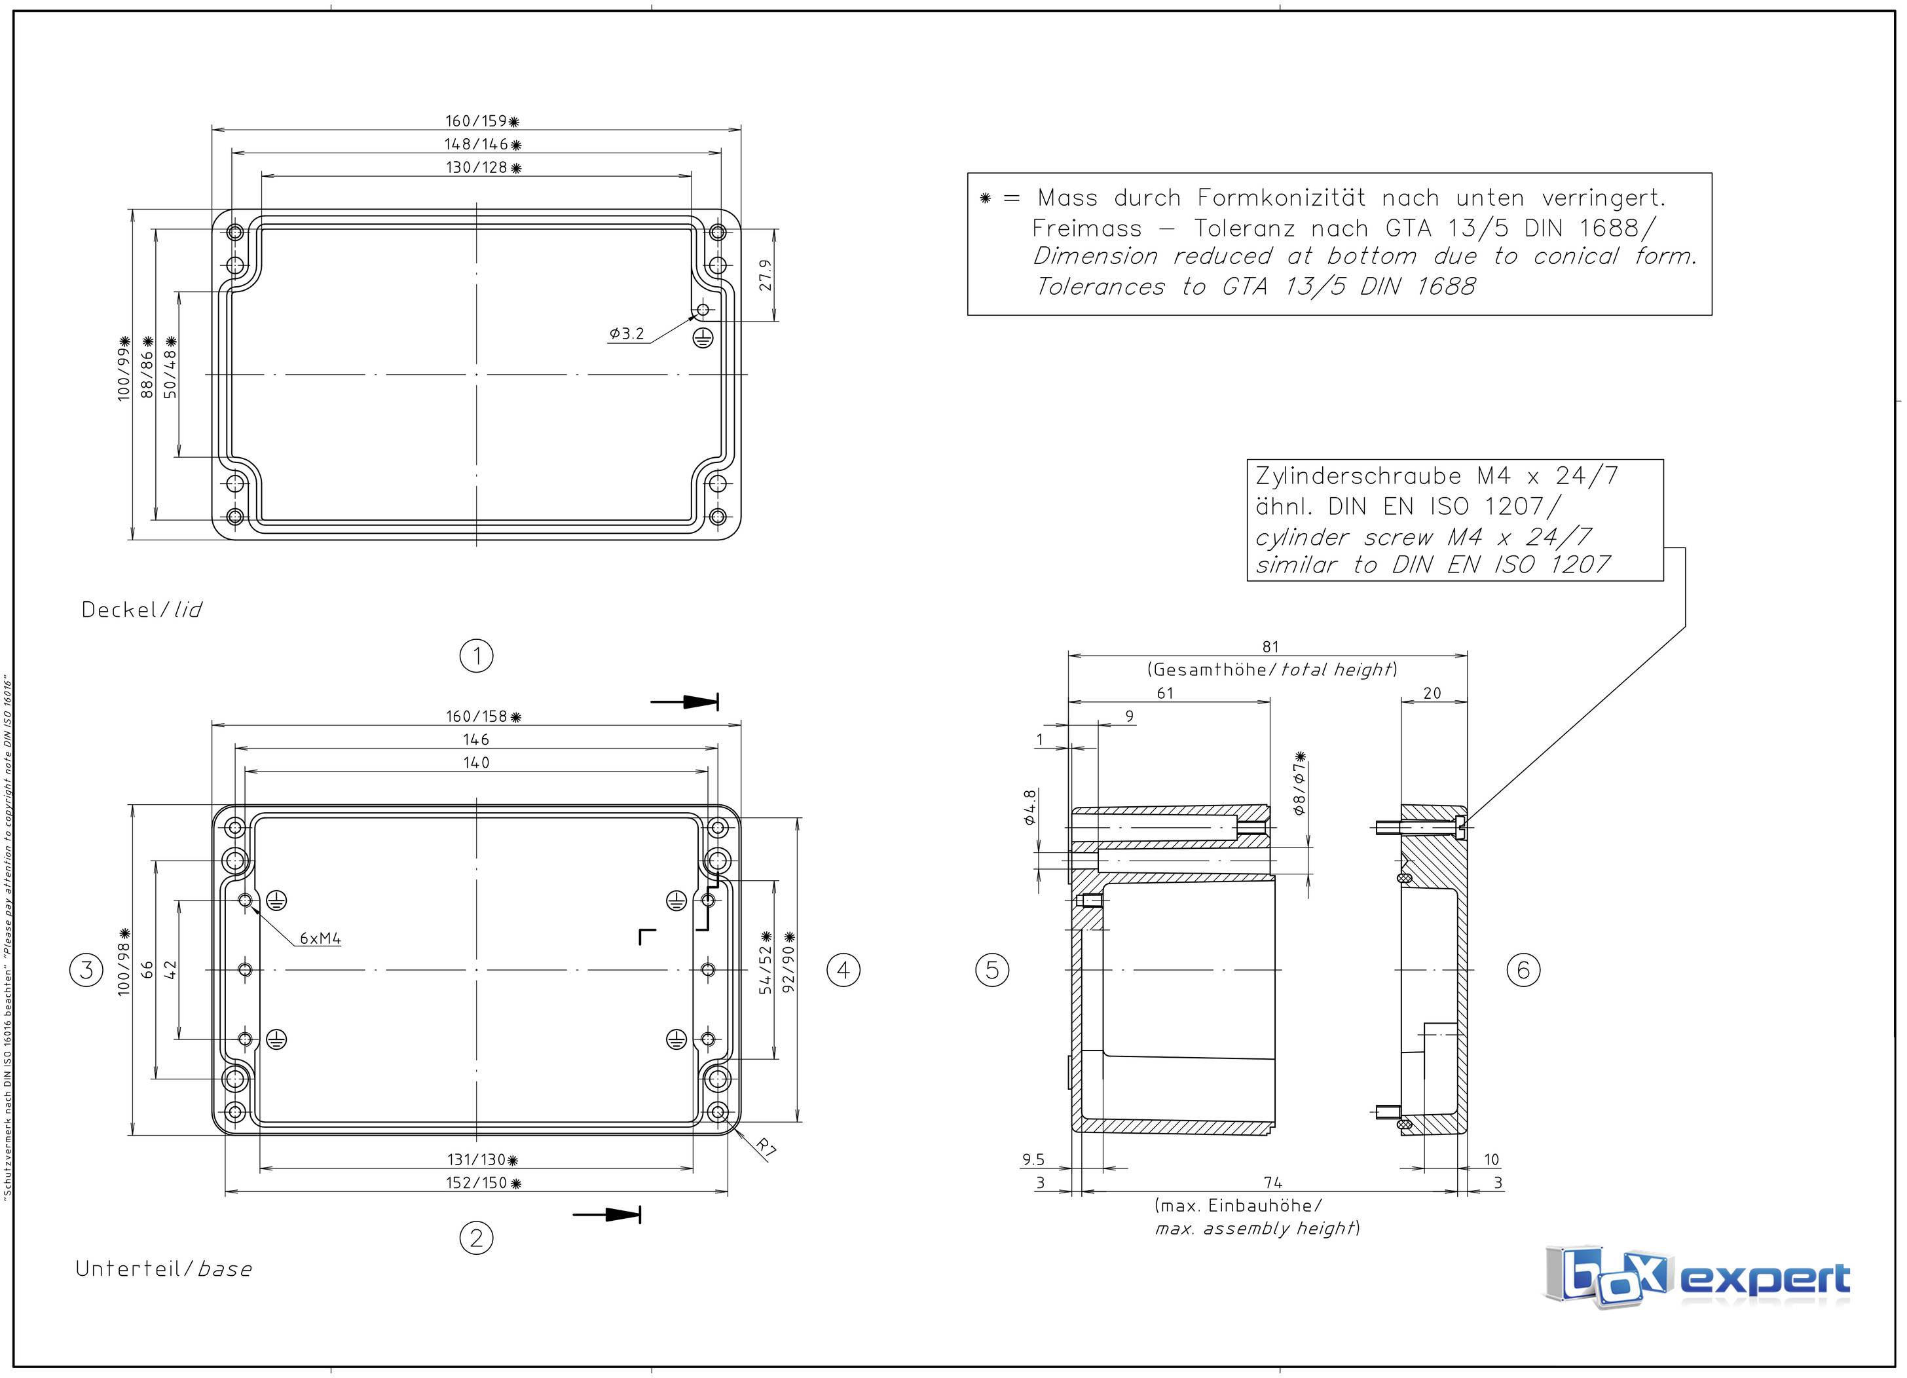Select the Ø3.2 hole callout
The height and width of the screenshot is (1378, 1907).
click(x=627, y=334)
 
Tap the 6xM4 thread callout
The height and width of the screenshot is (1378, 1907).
click(x=320, y=939)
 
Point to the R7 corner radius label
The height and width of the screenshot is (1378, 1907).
click(x=764, y=1147)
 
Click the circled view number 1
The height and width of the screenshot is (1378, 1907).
click(x=477, y=655)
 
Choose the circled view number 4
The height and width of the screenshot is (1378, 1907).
click(x=843, y=969)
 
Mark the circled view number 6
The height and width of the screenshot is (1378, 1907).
click(x=1523, y=969)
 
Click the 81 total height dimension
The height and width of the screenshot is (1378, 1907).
click(x=1270, y=646)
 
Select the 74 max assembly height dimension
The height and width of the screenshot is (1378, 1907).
click(x=1272, y=1183)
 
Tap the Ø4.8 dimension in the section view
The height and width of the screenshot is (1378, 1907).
click(x=1030, y=807)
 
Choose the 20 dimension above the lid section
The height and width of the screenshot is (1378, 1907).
click(x=1431, y=693)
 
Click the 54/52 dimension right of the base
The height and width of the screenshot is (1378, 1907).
click(x=765, y=969)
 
